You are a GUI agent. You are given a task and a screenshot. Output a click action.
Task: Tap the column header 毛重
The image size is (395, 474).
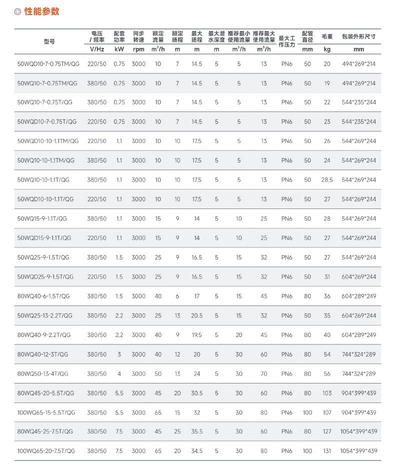pos(327,37)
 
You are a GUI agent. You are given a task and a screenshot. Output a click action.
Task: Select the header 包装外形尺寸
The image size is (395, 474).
pos(358,37)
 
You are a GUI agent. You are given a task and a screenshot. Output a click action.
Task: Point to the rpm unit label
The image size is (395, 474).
pos(138,49)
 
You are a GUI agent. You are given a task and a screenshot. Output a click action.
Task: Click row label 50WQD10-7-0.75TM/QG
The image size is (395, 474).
pos(48,64)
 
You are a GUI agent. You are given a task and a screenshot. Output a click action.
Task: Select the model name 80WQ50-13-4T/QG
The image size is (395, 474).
pos(42,373)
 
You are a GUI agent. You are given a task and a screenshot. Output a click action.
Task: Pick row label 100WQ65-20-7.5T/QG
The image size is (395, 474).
pos(46,451)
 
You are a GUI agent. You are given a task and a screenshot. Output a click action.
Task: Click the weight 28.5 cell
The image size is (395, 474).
pos(327,180)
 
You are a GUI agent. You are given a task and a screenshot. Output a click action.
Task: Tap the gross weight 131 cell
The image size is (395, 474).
pos(327,451)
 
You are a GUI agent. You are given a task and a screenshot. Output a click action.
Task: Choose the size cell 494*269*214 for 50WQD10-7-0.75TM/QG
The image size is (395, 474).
pos(358,64)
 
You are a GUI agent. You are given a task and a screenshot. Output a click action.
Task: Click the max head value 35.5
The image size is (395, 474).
pos(197,431)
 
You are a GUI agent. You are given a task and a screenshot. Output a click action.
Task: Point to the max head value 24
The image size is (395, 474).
pos(197,373)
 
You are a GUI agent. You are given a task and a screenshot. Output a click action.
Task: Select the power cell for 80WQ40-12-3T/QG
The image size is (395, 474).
pos(119,354)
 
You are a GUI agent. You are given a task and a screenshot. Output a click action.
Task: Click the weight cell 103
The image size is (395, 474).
pos(327,393)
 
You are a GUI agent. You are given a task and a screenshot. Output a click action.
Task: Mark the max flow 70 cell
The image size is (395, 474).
pos(263,373)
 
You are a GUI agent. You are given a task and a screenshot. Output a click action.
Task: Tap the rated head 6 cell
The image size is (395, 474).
pos(177,296)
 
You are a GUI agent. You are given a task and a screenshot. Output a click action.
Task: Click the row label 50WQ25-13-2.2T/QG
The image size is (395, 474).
pos(44,315)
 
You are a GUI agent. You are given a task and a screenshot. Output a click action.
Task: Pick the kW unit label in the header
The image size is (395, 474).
pos(119,49)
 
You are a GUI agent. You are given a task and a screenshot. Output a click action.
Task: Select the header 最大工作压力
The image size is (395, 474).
pos(287,41)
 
